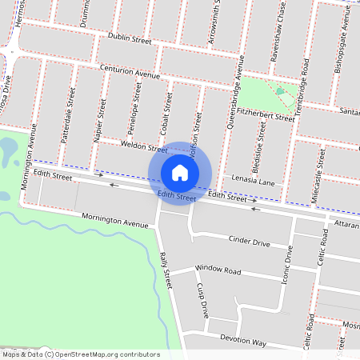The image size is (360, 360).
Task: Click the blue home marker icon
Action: (180, 172)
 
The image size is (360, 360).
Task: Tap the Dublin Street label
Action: (130, 38)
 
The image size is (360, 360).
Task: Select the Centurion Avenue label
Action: (131, 70)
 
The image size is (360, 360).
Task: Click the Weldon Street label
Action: (144, 146)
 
